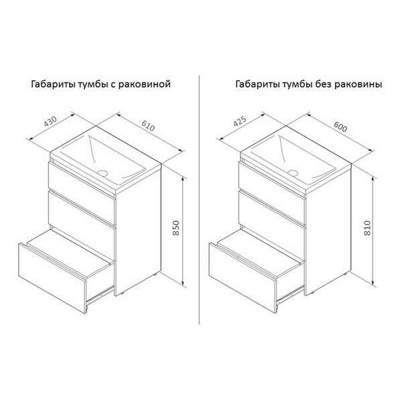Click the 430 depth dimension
click(x=50, y=122)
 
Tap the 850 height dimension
click(x=176, y=228)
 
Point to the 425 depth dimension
click(x=240, y=121)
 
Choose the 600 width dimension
click(x=340, y=127)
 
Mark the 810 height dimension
click(x=367, y=228)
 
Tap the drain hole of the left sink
click(x=103, y=173)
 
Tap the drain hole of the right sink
click(x=293, y=173)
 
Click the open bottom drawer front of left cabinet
click(x=52, y=279)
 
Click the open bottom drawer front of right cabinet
click(x=243, y=278)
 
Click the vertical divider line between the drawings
click(x=200, y=200)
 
